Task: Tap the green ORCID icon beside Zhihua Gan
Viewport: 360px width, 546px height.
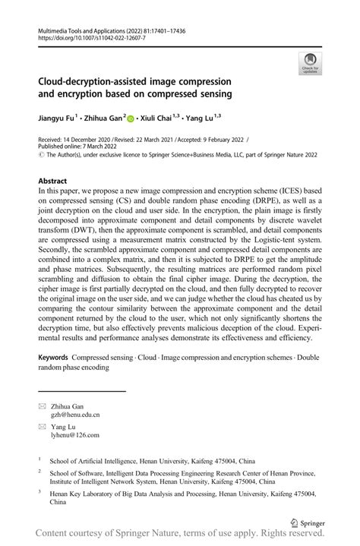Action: coord(130,118)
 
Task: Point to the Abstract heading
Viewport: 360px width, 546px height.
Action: coord(52,180)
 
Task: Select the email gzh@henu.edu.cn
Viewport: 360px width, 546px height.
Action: coord(75,415)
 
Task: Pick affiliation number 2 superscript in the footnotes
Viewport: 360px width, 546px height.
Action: coord(39,470)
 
